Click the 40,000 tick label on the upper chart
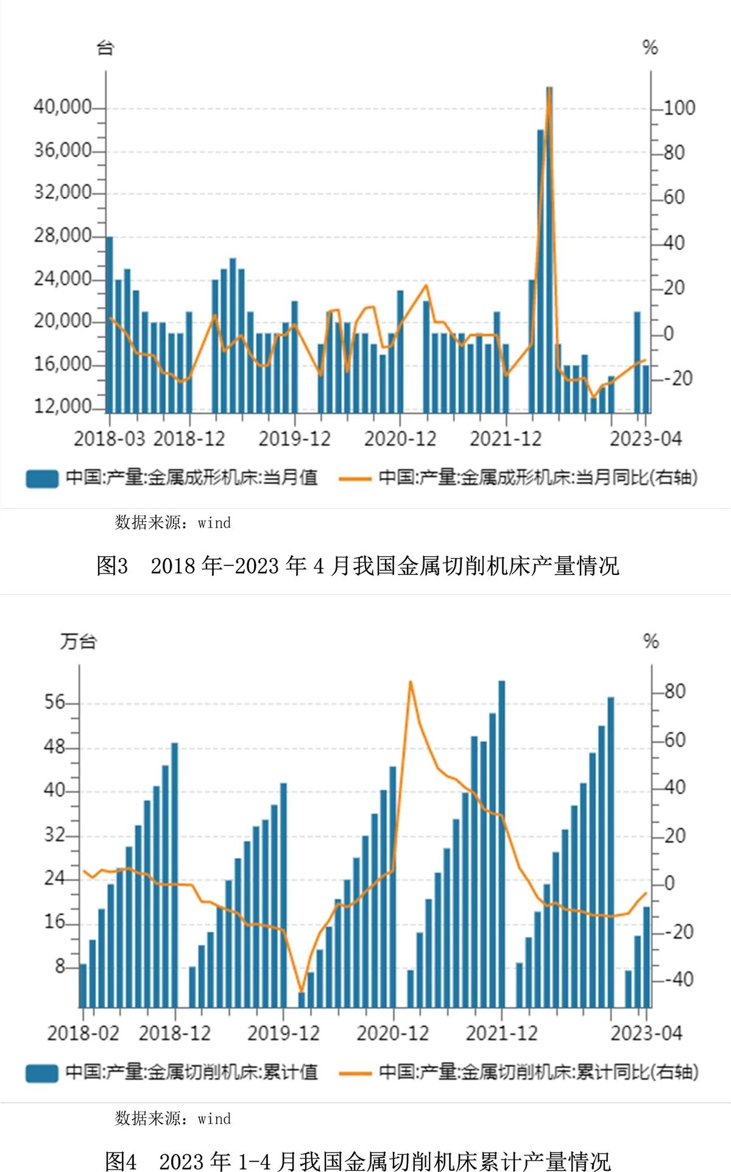click(62, 107)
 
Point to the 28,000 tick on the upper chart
click(62, 236)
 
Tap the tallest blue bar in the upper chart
click(549, 244)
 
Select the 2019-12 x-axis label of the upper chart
click(294, 439)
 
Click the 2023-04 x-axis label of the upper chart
click(646, 439)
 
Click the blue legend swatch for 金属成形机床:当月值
click(42, 478)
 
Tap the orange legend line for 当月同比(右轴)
click(355, 478)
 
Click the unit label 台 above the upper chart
click(105, 48)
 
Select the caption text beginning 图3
click(358, 566)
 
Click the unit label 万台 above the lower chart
click(78, 641)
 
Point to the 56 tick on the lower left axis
click(54, 702)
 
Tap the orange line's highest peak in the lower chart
click(411, 682)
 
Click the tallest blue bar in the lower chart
click(501, 841)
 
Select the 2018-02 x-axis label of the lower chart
click(83, 1033)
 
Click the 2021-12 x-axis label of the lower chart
click(501, 1033)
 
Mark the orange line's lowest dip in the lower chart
click(301, 991)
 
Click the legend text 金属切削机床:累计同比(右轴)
click(538, 1072)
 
